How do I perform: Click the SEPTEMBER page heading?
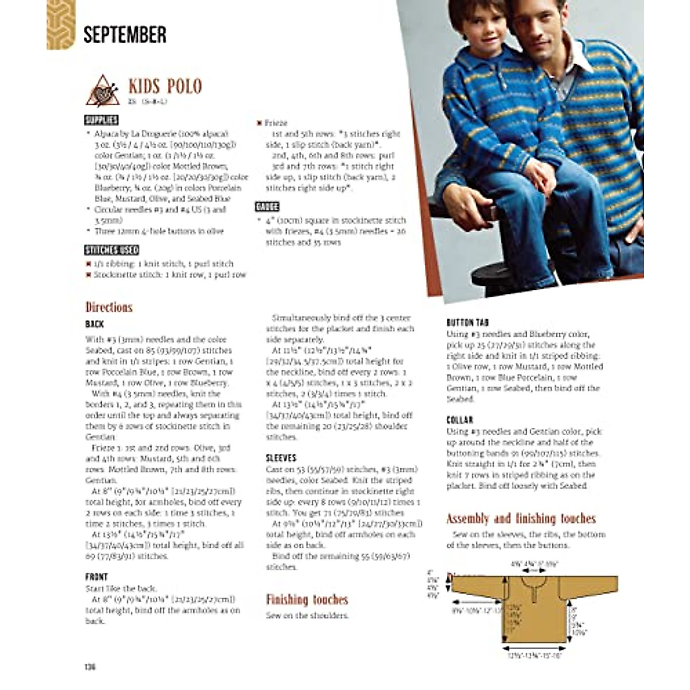[125, 34]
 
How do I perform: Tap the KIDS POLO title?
[165, 86]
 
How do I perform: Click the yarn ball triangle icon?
[103, 91]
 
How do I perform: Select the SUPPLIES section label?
[101, 120]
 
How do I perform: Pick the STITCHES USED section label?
[112, 250]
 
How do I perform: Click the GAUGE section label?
[267, 207]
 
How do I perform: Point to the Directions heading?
[109, 307]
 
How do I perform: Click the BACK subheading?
[94, 324]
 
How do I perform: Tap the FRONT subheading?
[96, 577]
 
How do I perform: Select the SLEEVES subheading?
[281, 458]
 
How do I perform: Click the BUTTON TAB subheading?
[467, 323]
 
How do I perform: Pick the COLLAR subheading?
[459, 420]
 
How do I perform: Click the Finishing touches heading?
[306, 600]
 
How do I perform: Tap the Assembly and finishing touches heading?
[521, 519]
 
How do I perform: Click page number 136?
[90, 667]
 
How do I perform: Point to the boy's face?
[481, 36]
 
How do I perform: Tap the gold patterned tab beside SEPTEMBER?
[60, 25]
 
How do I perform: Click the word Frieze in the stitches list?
[275, 123]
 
